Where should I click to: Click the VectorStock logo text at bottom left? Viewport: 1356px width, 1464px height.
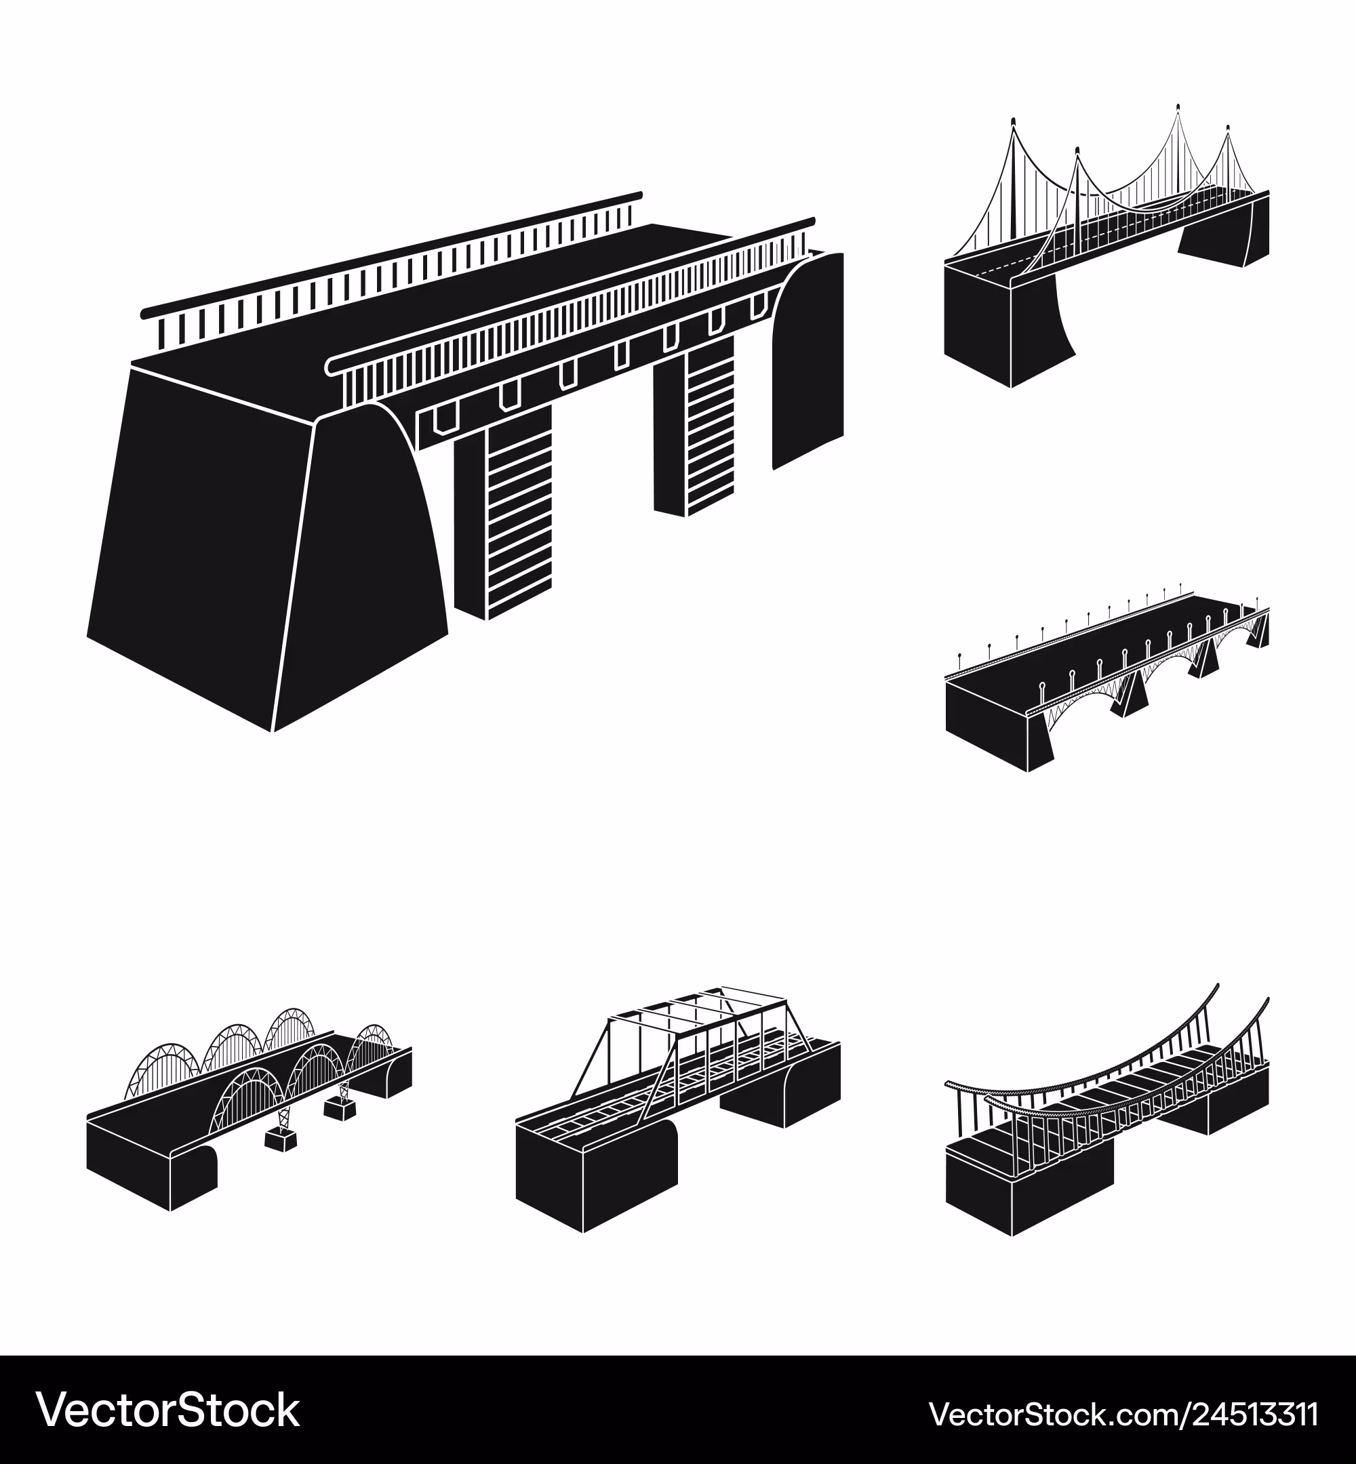tap(168, 1410)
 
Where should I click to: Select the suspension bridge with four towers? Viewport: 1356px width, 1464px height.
tap(1106, 246)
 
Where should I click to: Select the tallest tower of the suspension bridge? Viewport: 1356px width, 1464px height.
tap(1177, 158)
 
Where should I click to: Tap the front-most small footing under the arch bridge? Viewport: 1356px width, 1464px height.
tap(281, 1139)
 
